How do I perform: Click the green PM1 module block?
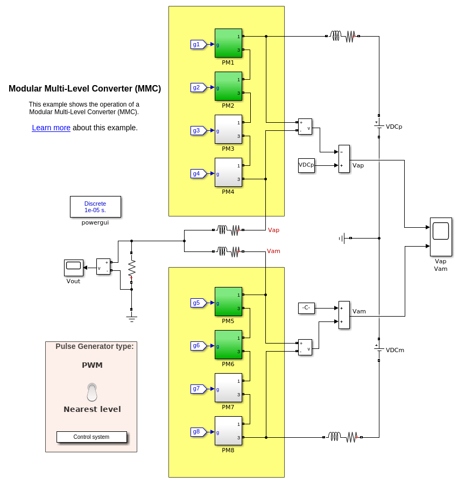pyautogui.click(x=228, y=43)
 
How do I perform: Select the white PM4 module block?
pyautogui.click(x=228, y=172)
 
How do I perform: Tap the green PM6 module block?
pyautogui.click(x=228, y=345)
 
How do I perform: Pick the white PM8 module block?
pyautogui.click(x=228, y=431)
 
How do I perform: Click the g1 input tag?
pyautogui.click(x=198, y=44)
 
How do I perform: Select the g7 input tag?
pyautogui.click(x=198, y=389)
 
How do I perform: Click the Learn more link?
pyautogui.click(x=51, y=128)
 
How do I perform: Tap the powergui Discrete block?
pyautogui.click(x=95, y=207)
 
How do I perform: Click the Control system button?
pyautogui.click(x=91, y=437)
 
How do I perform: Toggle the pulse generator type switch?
pyautogui.click(x=92, y=392)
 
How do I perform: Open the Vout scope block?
pyautogui.click(x=74, y=267)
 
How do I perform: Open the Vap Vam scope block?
pyautogui.click(x=441, y=237)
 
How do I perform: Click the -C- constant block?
pyautogui.click(x=306, y=308)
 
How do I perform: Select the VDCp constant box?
pyautogui.click(x=306, y=165)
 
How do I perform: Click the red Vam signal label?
pyautogui.click(x=273, y=251)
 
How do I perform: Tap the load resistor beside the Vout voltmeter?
pyautogui.click(x=131, y=268)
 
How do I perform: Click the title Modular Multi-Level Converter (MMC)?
pyautogui.click(x=84, y=89)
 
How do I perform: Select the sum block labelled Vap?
pyautogui.click(x=344, y=159)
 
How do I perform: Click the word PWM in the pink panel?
pyautogui.click(x=92, y=365)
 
